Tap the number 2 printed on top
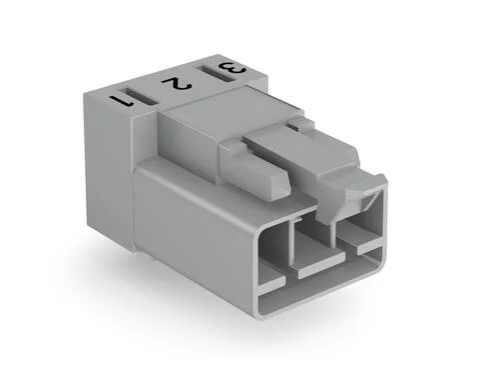[178, 83]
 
